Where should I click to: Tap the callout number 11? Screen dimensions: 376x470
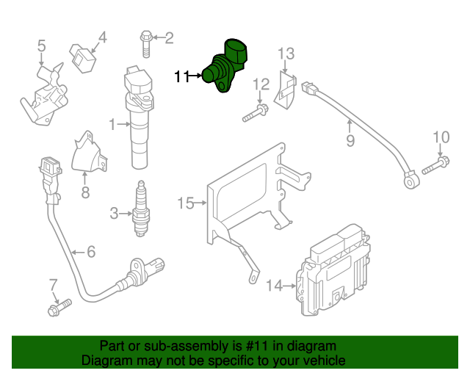pyautogui.click(x=181, y=75)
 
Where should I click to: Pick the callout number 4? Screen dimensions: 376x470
pyautogui.click(x=102, y=36)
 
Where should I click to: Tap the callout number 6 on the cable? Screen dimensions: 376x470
pyautogui.click(x=90, y=252)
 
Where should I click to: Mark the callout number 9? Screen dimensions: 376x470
pyautogui.click(x=350, y=140)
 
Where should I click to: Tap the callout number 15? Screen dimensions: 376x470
pyautogui.click(x=184, y=203)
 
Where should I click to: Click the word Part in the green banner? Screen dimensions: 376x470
pyautogui.click(x=112, y=346)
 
